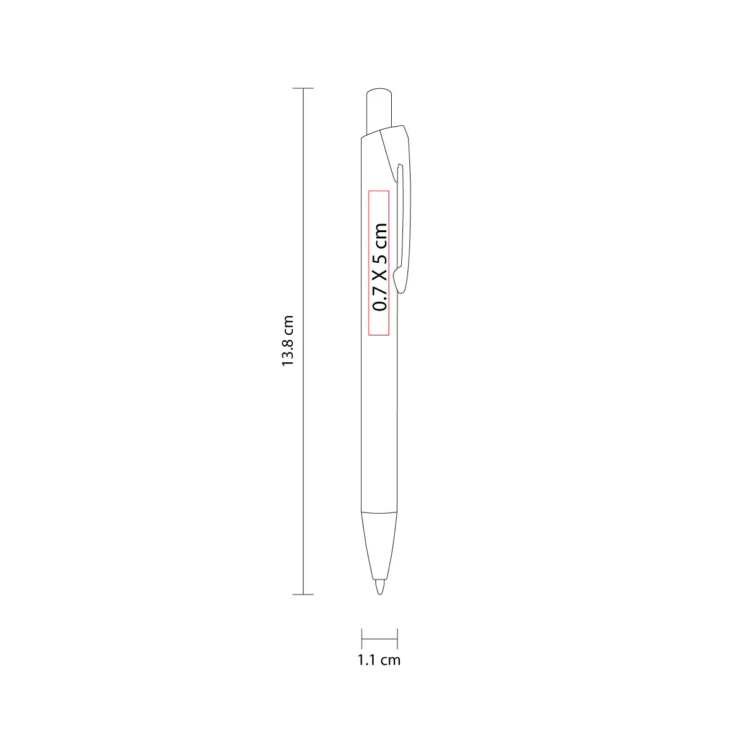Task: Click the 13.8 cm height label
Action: coord(288,341)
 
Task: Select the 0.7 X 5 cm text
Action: coord(380,267)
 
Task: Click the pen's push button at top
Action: coord(379,111)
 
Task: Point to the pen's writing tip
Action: coord(380,586)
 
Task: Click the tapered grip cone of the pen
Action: coord(380,546)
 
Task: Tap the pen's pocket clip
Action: coord(401,210)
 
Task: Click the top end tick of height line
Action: coord(303,88)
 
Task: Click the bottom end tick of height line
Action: coord(303,595)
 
